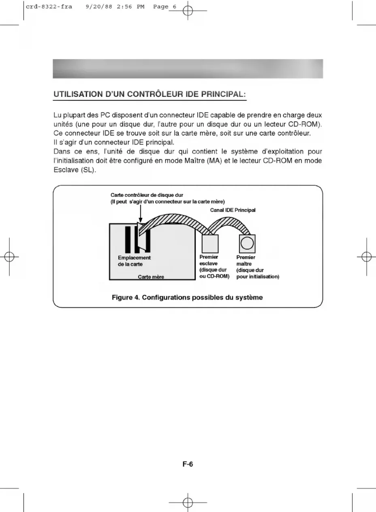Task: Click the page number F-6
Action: [188, 465]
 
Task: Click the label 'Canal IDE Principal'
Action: [233, 210]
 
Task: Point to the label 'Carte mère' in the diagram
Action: [151, 277]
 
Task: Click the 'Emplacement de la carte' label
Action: [134, 261]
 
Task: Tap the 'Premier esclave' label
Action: [209, 260]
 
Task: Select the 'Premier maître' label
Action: [246, 260]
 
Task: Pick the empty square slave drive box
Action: [210, 244]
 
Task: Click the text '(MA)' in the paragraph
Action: [214, 161]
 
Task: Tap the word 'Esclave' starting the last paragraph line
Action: [65, 170]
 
